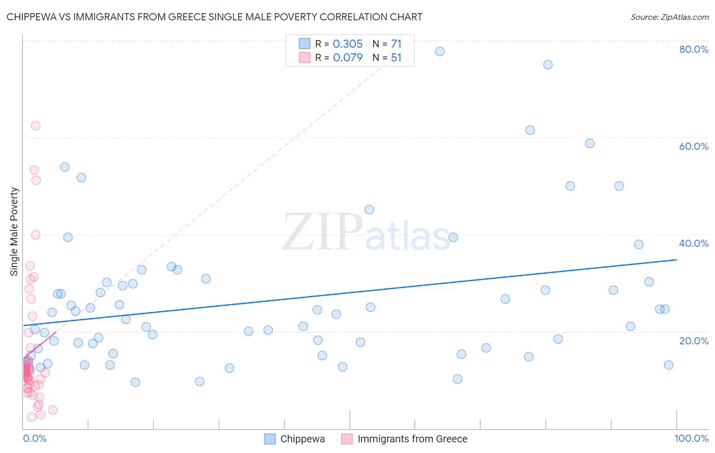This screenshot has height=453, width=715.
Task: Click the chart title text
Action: [214, 17]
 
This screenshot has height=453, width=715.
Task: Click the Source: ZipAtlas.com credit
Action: [669, 17]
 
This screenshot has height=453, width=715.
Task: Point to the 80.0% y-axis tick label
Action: [694, 49]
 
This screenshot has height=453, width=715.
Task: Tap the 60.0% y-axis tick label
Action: [694, 146]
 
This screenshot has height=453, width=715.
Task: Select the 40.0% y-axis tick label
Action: [694, 243]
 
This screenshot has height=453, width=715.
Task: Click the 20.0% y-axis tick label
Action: [694, 341]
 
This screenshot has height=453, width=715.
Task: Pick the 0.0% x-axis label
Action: [35, 438]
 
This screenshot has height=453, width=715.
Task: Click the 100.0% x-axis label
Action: [691, 438]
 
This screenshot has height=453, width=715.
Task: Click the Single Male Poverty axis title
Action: [14, 232]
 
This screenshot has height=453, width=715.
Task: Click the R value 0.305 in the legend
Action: [347, 44]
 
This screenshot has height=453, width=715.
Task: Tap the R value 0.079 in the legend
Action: [347, 57]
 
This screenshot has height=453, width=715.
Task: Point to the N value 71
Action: [396, 44]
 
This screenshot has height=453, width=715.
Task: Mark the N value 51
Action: [396, 57]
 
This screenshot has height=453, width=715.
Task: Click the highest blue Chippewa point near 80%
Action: [440, 51]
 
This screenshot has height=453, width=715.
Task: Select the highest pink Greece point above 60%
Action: [36, 125]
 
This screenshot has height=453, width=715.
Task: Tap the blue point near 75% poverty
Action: [548, 64]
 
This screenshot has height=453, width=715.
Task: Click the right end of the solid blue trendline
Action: [676, 260]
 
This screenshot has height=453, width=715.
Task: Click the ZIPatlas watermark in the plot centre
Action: [366, 233]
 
